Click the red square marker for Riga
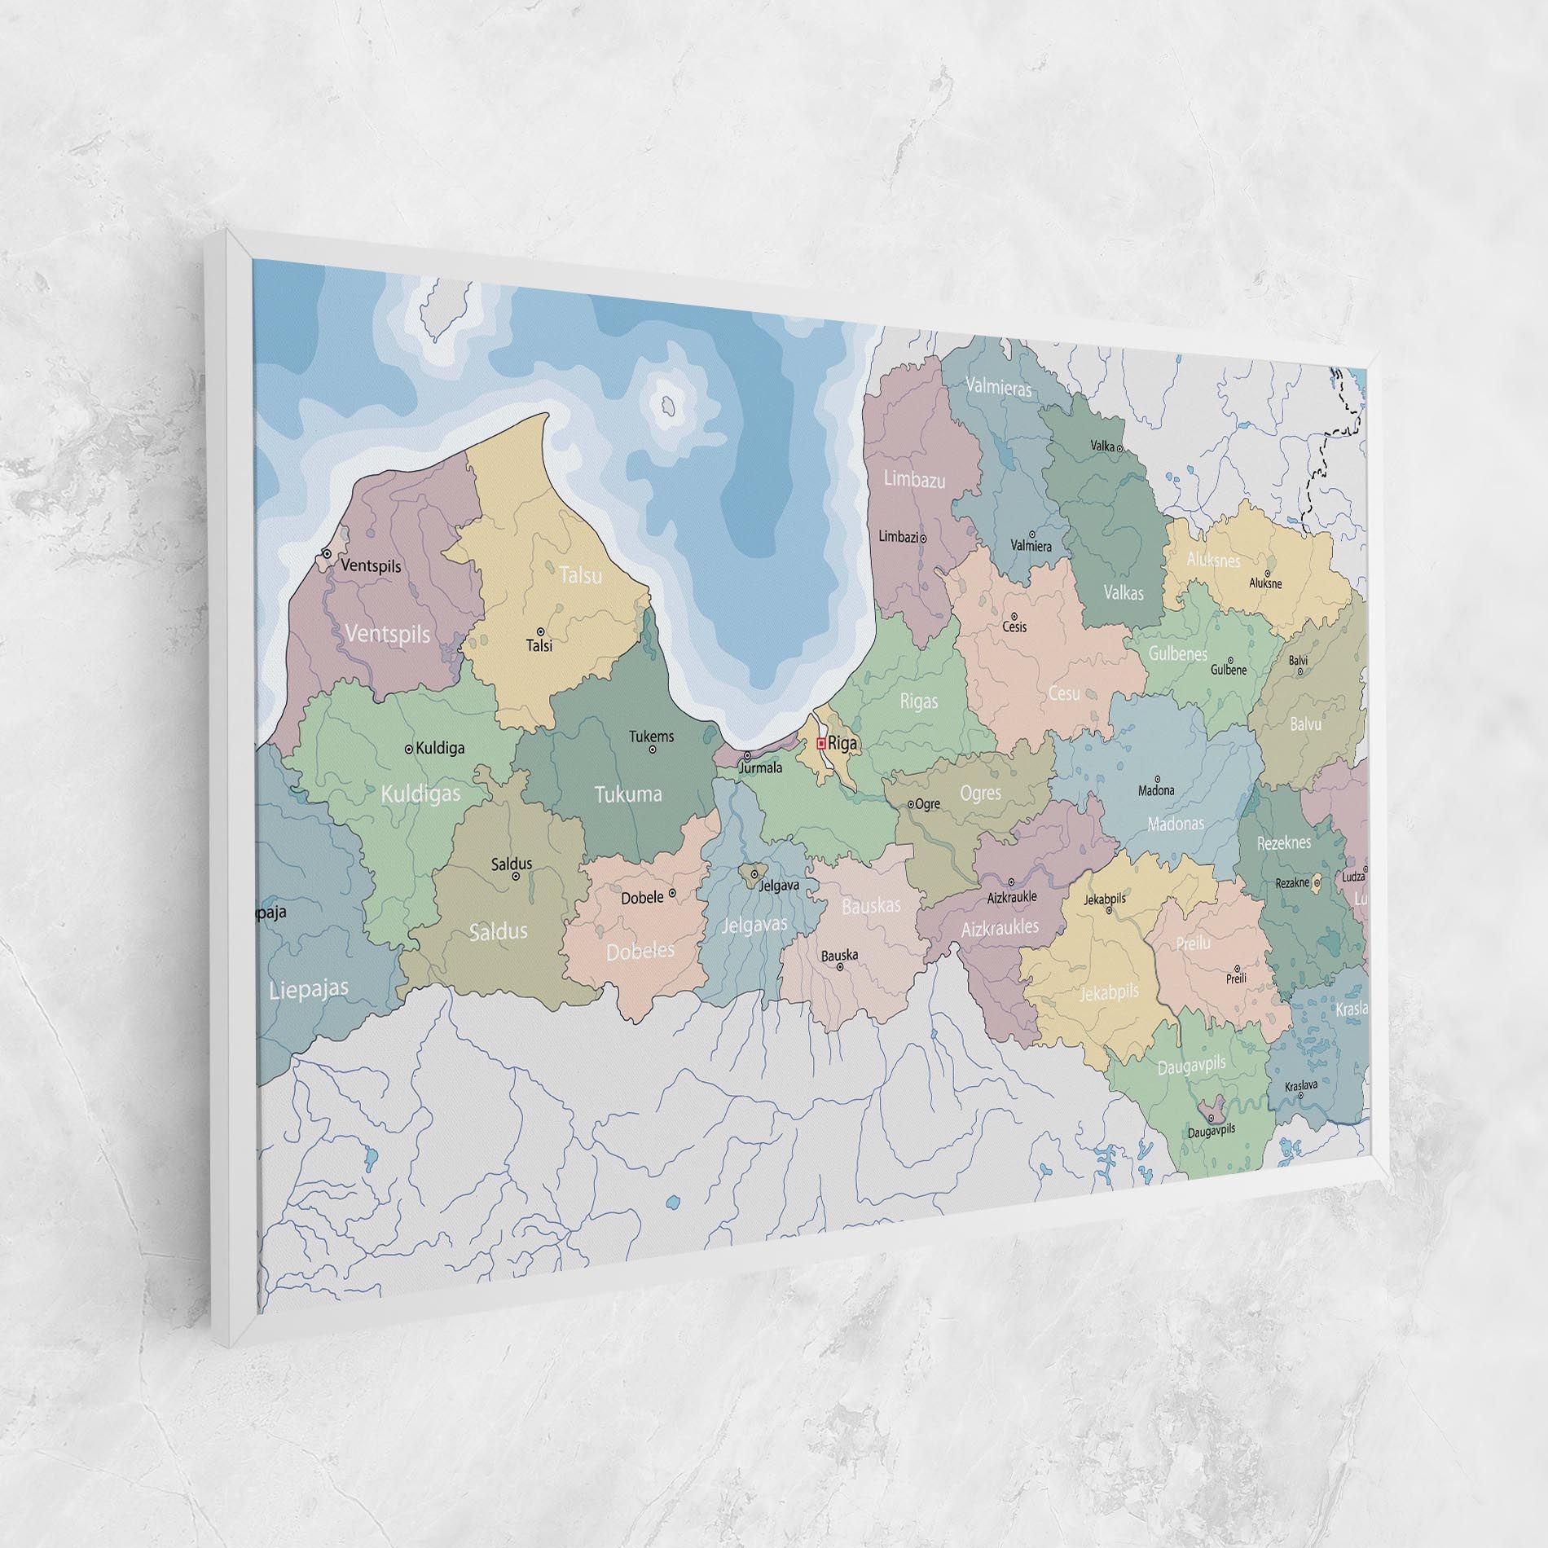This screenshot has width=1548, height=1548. point(821,743)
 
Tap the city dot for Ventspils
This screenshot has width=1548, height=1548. point(327,553)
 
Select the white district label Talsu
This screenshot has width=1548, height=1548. point(581,575)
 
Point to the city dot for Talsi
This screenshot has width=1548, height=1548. point(540,631)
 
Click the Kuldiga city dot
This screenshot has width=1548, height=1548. point(409,748)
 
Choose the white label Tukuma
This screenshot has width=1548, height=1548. point(627,794)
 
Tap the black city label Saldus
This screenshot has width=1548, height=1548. point(512,863)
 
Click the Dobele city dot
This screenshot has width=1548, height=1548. point(672,893)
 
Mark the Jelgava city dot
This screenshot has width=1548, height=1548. point(754,873)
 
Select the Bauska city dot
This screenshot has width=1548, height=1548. point(841,966)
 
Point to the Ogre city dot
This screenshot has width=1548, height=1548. point(911,803)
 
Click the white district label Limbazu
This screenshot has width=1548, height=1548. point(915,479)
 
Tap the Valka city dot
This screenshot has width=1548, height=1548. point(1119,448)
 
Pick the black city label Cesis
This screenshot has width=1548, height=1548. point(1014,627)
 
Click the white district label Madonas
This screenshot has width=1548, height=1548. point(1175,824)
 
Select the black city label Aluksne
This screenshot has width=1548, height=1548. point(1265,583)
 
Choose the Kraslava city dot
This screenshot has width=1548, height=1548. point(1300,1095)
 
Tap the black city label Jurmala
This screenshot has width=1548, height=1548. point(760,767)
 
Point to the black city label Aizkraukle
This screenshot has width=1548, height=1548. point(1011,896)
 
